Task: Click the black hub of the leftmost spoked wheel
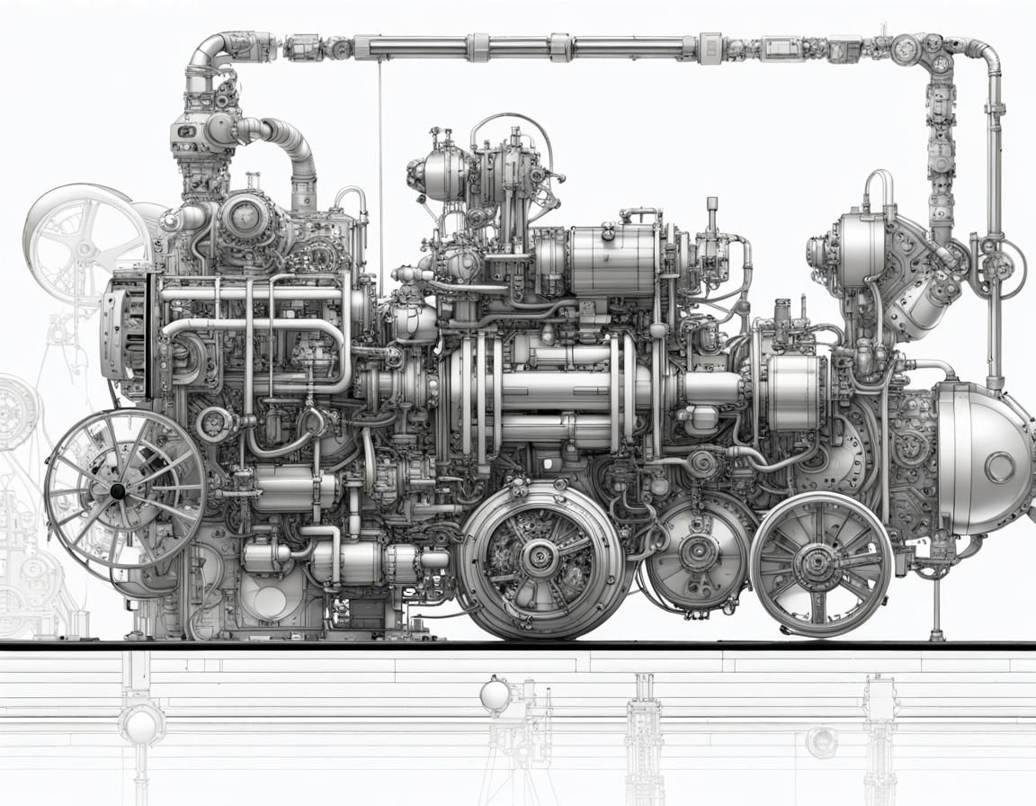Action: [x=117, y=490]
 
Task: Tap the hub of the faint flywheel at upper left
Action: [x=84, y=247]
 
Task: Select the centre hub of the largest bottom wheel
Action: [x=540, y=558]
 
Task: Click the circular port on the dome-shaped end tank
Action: [x=999, y=467]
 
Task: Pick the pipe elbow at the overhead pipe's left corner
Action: [x=205, y=52]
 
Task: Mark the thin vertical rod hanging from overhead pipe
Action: [x=380, y=171]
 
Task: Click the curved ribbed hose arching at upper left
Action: [x=288, y=144]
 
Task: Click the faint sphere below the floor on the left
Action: [x=142, y=723]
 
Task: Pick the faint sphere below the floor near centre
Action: [x=494, y=695]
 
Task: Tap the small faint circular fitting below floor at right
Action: [x=821, y=741]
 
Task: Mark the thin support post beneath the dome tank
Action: [x=937, y=603]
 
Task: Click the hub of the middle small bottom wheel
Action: [x=698, y=551]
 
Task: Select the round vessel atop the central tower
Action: [x=446, y=176]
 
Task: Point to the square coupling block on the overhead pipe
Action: [x=710, y=47]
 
